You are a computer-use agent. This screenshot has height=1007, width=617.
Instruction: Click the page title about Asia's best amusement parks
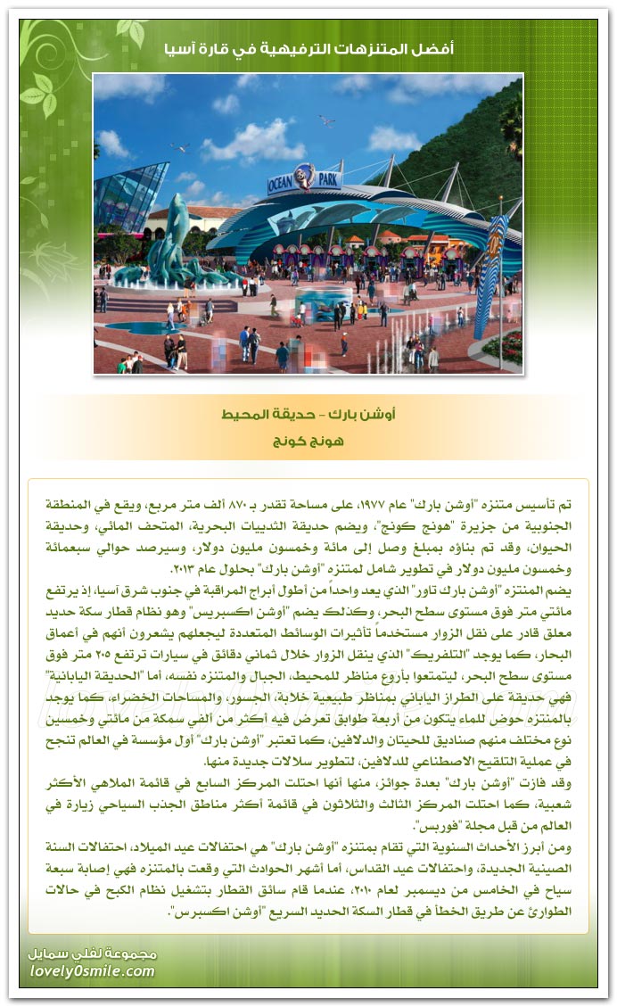(308, 49)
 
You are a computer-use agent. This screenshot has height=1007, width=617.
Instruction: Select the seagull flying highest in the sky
(326, 120)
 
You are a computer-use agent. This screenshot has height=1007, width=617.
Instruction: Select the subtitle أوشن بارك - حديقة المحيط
(308, 415)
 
